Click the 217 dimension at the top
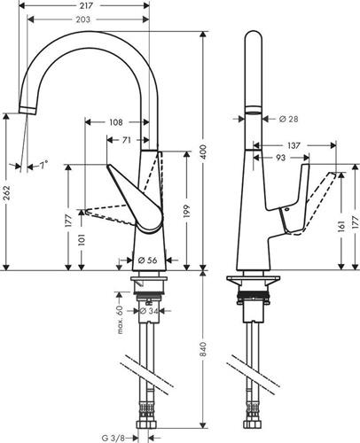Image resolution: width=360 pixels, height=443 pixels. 86,5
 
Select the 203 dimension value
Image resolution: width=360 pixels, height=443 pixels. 83,19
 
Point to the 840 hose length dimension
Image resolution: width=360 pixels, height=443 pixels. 203,349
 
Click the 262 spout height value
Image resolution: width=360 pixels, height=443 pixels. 6,192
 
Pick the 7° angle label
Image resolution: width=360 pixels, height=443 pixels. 44,165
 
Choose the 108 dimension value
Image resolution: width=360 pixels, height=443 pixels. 116,122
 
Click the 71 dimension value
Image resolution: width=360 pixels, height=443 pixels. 127,140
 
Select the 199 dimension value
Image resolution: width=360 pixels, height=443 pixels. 186,211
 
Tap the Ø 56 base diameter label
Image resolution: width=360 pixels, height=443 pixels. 147,260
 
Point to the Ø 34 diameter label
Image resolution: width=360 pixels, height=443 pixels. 148,311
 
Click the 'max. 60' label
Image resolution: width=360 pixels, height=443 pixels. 120,320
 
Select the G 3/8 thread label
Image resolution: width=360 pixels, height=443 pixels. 113,438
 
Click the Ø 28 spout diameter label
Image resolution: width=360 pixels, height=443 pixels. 288,119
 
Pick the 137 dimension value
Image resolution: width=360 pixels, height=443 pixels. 293,145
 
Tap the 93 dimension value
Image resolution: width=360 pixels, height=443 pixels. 280,158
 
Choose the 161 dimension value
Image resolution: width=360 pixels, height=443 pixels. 342,226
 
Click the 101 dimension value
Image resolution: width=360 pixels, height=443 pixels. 82,240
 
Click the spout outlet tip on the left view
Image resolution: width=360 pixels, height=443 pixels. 27,110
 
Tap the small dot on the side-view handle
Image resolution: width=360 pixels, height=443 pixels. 287,209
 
